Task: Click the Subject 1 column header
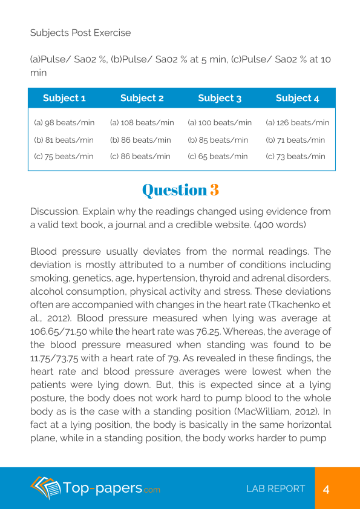[x=64, y=98]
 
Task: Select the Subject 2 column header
[x=142, y=98]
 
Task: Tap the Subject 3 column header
[x=220, y=98]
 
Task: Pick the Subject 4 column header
[x=297, y=98]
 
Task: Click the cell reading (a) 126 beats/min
[x=297, y=123]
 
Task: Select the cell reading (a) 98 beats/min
[x=64, y=123]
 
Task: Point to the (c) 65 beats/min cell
[x=218, y=157]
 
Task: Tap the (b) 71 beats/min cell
[x=295, y=140]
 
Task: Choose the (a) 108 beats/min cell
[x=142, y=123]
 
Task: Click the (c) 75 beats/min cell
[x=64, y=157]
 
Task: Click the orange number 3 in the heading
[x=214, y=189]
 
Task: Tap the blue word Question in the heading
[x=174, y=189]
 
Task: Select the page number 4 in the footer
[x=326, y=489]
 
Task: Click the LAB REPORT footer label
[x=275, y=489]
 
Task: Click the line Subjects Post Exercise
[x=80, y=33]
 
